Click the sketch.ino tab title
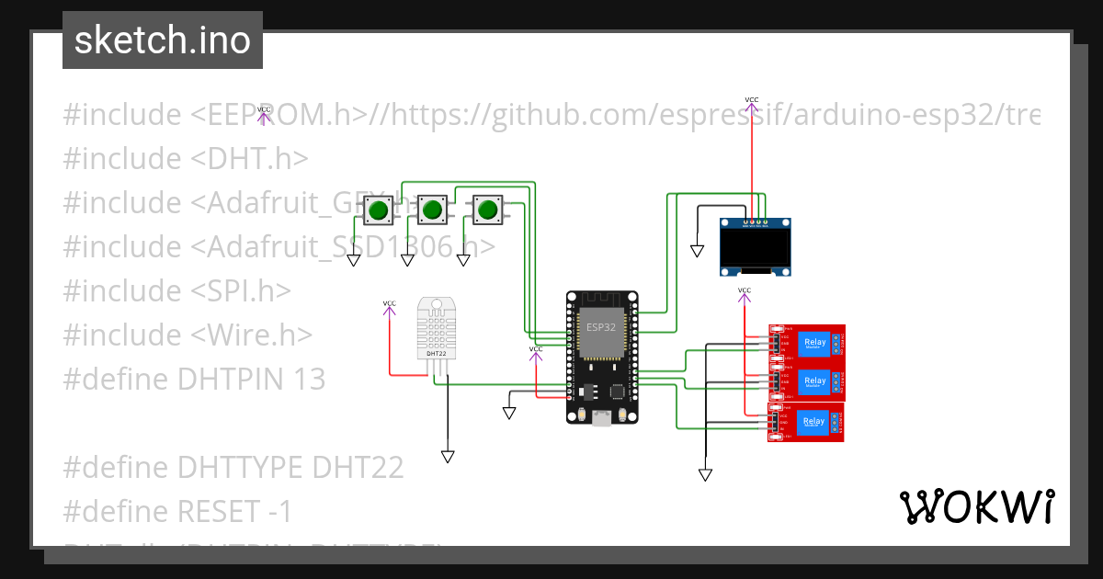point(163,40)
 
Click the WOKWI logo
point(976,506)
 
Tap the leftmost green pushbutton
point(377,211)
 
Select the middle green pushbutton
point(432,210)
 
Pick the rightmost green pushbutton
point(487,210)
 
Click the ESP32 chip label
point(601,326)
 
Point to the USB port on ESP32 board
point(602,418)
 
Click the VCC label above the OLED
point(751,99)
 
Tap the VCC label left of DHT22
point(390,303)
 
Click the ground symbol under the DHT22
point(448,456)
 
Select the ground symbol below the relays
point(705,474)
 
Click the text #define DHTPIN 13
point(194,379)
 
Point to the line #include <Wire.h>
point(188,335)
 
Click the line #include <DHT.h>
point(186,158)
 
